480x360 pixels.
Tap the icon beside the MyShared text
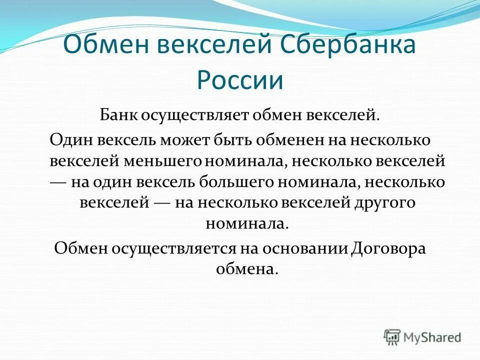coord(391,337)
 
